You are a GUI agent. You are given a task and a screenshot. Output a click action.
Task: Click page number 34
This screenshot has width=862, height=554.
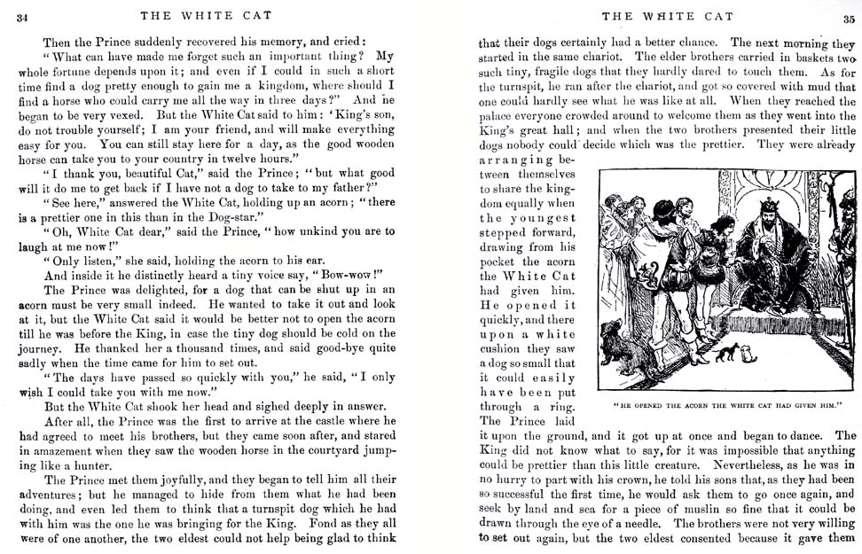22,16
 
